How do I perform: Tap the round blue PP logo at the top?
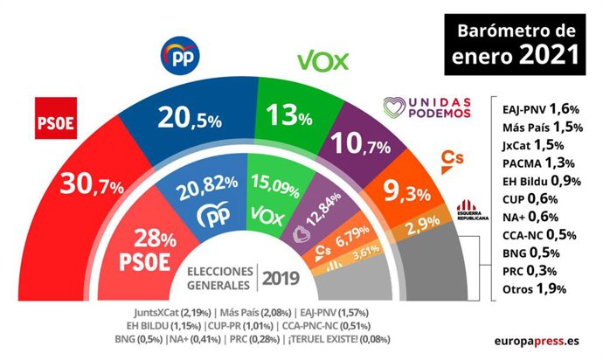[183, 57]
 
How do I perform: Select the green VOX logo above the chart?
[323, 60]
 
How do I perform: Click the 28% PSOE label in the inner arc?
[157, 246]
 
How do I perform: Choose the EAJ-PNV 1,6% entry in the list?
[537, 108]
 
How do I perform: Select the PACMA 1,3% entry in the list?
[537, 162]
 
